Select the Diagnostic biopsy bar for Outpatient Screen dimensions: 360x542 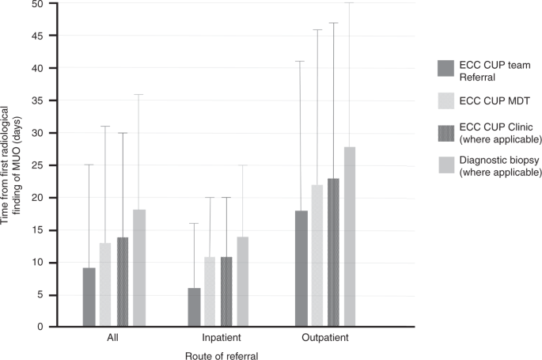[x=349, y=237]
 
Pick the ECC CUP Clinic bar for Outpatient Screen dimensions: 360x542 [x=333, y=252]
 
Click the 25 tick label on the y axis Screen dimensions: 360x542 [x=38, y=165]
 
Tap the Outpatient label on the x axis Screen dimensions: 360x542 [x=324, y=338]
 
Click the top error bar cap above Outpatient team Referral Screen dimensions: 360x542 [x=301, y=61]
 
